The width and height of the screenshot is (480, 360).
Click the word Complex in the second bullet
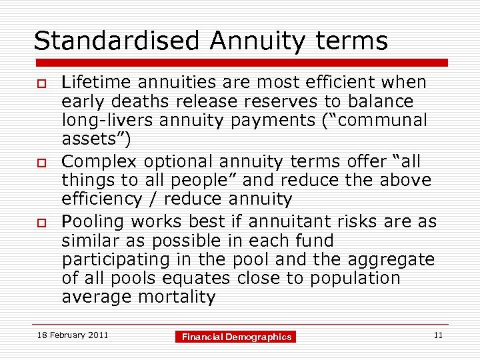pos(97,162)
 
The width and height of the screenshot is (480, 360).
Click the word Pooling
pos(93,221)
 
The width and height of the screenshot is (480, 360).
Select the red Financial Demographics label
pos(237,337)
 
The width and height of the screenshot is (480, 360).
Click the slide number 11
pos(438,335)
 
